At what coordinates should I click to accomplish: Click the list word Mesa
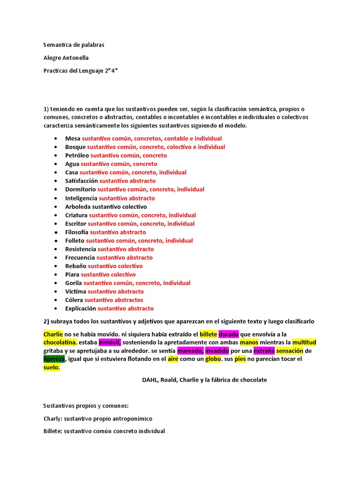(73, 138)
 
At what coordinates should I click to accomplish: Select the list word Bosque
(75, 147)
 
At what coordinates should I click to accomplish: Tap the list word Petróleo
(77, 155)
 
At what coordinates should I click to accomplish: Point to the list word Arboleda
(78, 206)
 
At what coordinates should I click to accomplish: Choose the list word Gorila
(74, 283)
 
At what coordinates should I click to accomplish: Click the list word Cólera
(74, 300)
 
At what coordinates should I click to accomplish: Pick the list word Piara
(73, 274)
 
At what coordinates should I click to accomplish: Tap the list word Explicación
(81, 308)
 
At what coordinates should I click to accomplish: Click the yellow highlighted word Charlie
(53, 334)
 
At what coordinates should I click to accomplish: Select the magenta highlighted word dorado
(229, 334)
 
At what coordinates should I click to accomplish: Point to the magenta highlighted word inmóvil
(110, 342)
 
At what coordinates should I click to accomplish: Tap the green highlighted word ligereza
(54, 359)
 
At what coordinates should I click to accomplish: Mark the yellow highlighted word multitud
(304, 342)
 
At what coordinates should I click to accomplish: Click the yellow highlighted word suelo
(52, 367)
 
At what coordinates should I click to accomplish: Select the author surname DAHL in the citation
(151, 380)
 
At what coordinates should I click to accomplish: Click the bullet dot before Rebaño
(56, 266)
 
